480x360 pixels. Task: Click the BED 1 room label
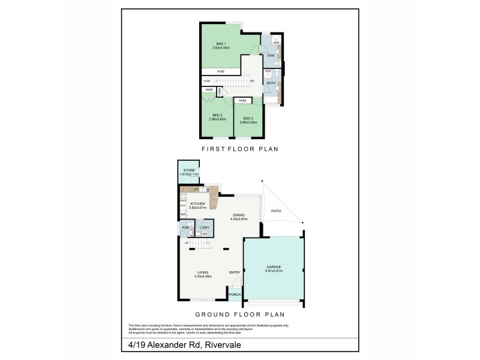click(x=221, y=43)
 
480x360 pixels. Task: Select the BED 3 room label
click(x=248, y=118)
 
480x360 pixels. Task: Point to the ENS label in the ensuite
click(x=271, y=56)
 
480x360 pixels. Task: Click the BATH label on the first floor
click(x=271, y=83)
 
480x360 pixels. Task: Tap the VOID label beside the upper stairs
click(x=206, y=81)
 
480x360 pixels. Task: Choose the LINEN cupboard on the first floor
click(x=220, y=91)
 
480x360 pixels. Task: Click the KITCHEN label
click(x=198, y=203)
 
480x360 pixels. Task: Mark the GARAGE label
click(x=274, y=266)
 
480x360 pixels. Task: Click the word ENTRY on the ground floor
click(x=235, y=273)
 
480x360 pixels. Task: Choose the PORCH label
click(x=235, y=295)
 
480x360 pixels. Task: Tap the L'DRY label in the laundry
click(x=205, y=227)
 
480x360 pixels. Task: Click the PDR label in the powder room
click(x=185, y=227)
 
